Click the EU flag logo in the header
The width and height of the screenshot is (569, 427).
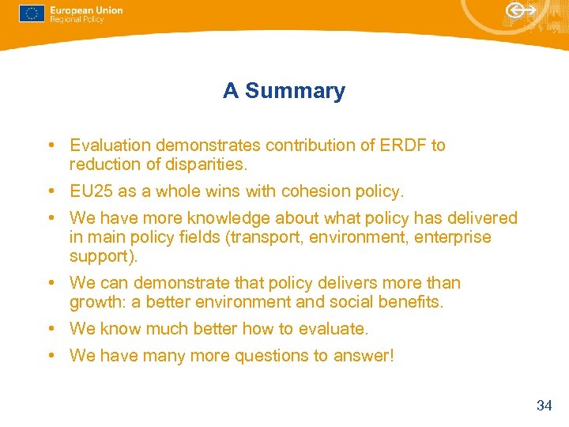(x=32, y=13)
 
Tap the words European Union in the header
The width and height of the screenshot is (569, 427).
(x=86, y=9)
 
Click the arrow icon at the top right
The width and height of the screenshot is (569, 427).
(x=521, y=10)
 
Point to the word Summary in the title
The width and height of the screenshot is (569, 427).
(x=295, y=91)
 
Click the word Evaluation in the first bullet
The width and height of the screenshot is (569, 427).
(x=111, y=145)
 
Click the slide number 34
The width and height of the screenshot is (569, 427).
(x=544, y=406)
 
